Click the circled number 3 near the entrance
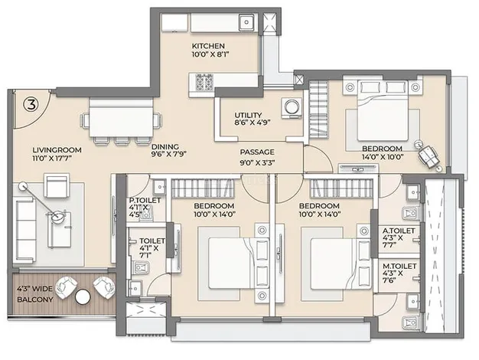pos(31,105)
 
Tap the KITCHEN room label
pos(208,46)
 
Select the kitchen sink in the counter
pos(246,22)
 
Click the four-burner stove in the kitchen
pos(204,82)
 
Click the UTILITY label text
pos(248,116)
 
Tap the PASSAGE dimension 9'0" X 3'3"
pos(257,162)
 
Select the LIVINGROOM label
pos(57,150)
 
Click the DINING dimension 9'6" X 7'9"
pos(169,154)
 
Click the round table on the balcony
pos(83,297)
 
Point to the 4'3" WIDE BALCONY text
pos(35,294)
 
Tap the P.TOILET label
pos(145,201)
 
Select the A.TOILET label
pos(399,231)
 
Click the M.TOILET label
pos(399,267)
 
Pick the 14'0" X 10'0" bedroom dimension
pos(383,157)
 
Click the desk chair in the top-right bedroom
pos(428,155)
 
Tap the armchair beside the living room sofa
pos(56,185)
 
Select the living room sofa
pos(25,230)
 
